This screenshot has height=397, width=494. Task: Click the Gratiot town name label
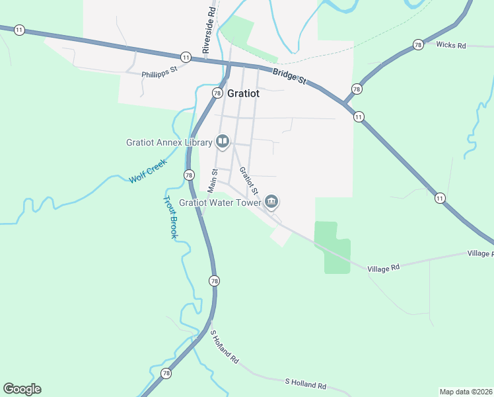[x=243, y=93]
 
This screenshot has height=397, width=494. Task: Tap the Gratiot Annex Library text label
[x=169, y=142]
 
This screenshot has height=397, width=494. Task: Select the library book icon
[x=223, y=141]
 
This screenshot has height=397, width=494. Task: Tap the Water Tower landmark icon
[x=271, y=201]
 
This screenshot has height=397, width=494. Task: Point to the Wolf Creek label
[x=147, y=171]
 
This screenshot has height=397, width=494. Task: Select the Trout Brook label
[x=170, y=216]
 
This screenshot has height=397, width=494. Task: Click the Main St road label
[x=213, y=181]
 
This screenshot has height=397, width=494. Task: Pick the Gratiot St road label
[x=248, y=181]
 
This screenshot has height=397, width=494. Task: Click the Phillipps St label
[x=159, y=71]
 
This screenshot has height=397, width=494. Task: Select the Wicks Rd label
[x=452, y=45]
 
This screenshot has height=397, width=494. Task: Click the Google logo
[x=22, y=389]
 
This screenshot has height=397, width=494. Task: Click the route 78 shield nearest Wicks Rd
[x=418, y=44]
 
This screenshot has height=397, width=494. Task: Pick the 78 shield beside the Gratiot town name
[x=217, y=93]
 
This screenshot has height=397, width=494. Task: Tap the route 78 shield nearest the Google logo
[x=165, y=374]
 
